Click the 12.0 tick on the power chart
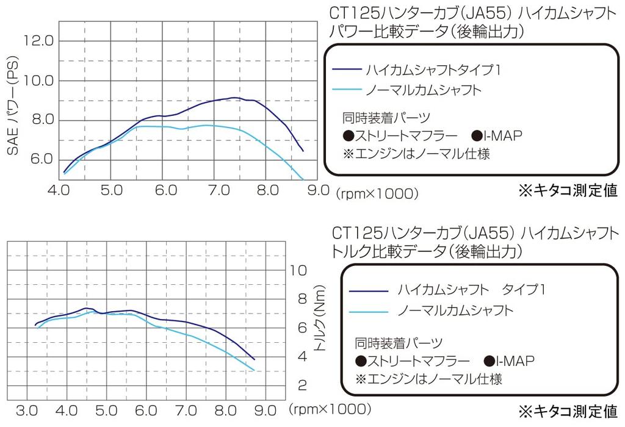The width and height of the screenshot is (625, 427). [38, 41]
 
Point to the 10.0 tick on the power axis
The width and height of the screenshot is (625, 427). [38, 81]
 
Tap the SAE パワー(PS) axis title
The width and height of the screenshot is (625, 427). [13, 109]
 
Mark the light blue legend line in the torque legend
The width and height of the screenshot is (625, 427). [368, 311]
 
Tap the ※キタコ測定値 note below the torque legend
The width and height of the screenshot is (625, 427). [568, 409]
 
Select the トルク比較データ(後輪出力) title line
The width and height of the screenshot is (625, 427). [427, 250]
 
